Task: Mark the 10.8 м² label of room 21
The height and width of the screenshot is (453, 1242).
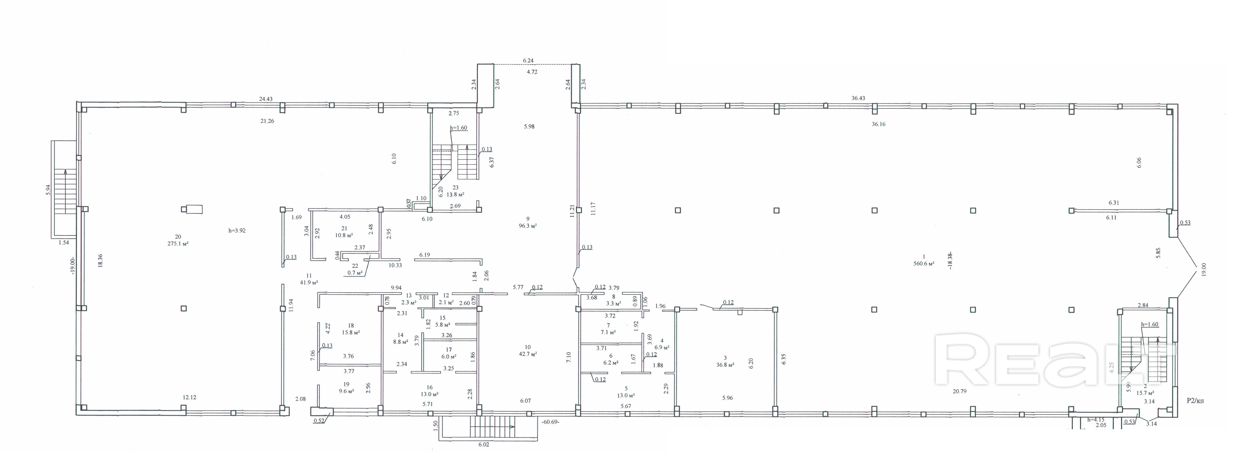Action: (344, 235)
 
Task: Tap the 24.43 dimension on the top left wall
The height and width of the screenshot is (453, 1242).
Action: (266, 99)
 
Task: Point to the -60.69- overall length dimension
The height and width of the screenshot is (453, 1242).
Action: (550, 422)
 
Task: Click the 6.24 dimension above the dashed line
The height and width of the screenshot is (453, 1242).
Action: (528, 61)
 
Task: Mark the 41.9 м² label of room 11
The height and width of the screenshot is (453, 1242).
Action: (309, 282)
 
